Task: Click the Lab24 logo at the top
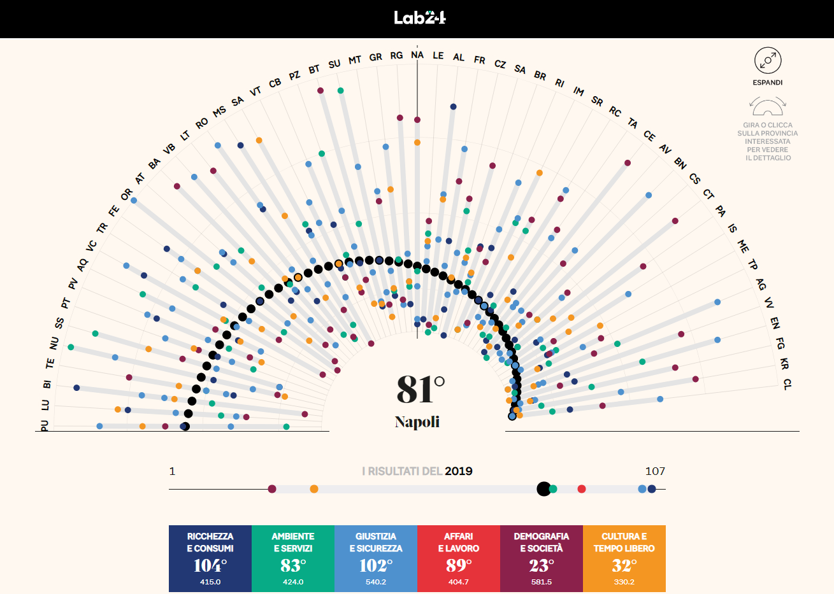[419, 18]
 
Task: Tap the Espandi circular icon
[767, 60]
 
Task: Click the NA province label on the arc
[417, 55]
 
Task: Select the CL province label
[787, 384]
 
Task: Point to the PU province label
[44, 425]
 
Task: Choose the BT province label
[314, 69]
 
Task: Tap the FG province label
[780, 344]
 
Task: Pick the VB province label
[169, 149]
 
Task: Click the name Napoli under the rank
[417, 421]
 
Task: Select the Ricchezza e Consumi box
[210, 558]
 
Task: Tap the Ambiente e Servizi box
[293, 558]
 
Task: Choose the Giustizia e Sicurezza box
[376, 558]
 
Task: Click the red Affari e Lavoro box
[459, 558]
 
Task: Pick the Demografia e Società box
[542, 558]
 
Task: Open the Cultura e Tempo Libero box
[624, 558]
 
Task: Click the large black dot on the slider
[543, 489]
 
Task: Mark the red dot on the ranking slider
[581, 489]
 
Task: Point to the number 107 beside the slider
[655, 471]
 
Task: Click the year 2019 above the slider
[459, 471]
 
